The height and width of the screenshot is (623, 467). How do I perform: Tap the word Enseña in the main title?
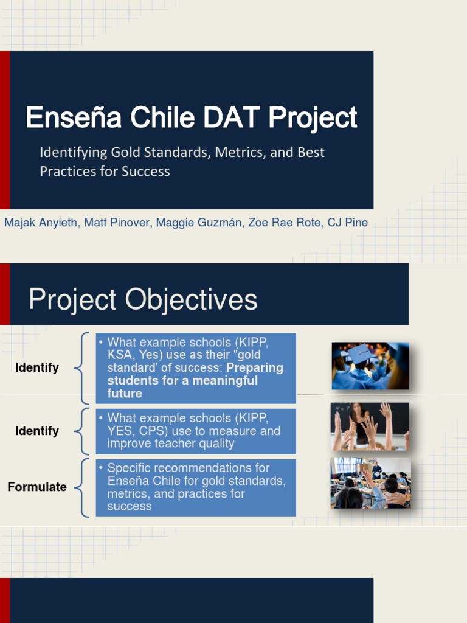click(x=74, y=117)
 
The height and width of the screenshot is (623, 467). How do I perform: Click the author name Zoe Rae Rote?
click(x=284, y=223)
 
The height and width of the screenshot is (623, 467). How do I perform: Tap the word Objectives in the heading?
click(x=191, y=299)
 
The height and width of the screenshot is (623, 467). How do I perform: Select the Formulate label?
click(x=37, y=487)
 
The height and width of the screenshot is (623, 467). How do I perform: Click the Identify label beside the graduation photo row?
click(x=37, y=367)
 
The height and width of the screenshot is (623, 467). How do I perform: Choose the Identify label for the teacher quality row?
click(x=37, y=431)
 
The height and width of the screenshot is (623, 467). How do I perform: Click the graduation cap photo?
click(x=370, y=366)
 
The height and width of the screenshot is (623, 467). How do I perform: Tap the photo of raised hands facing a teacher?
click(x=370, y=426)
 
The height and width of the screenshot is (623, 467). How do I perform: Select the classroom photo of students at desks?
click(x=370, y=482)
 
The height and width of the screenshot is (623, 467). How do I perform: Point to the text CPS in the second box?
click(x=151, y=431)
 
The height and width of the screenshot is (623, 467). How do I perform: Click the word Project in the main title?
click(x=313, y=117)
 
